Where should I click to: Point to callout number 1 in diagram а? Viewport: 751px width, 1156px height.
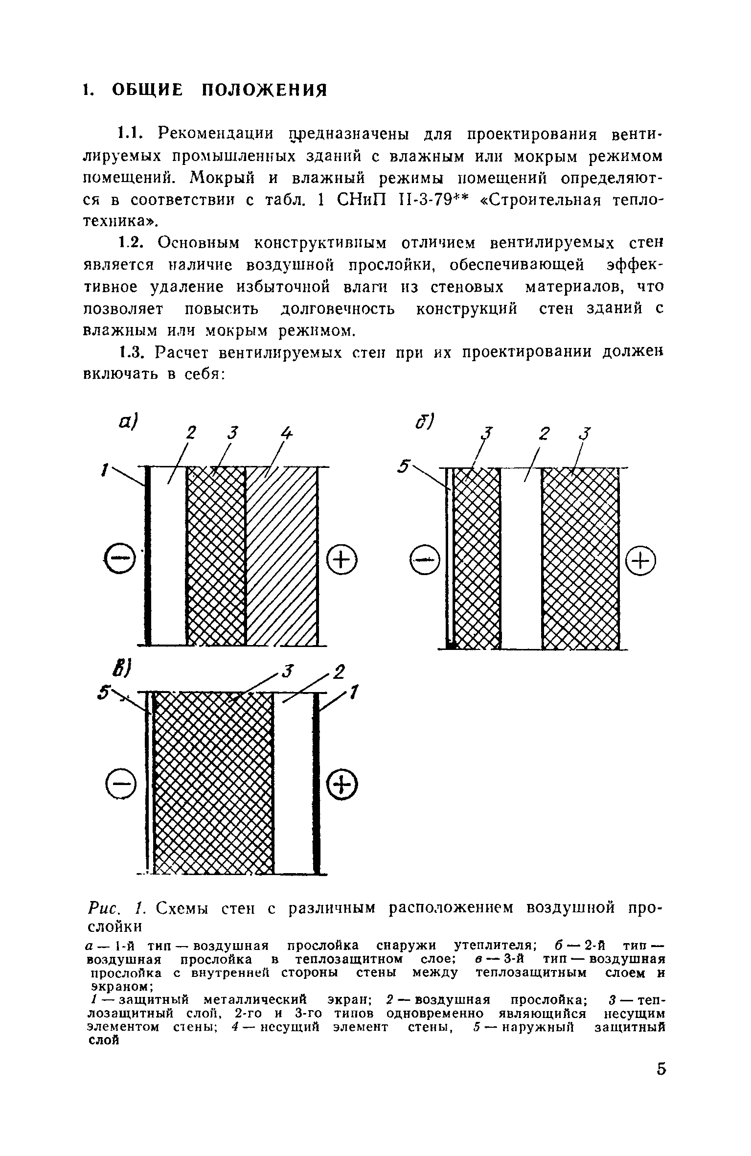[x=104, y=471]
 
